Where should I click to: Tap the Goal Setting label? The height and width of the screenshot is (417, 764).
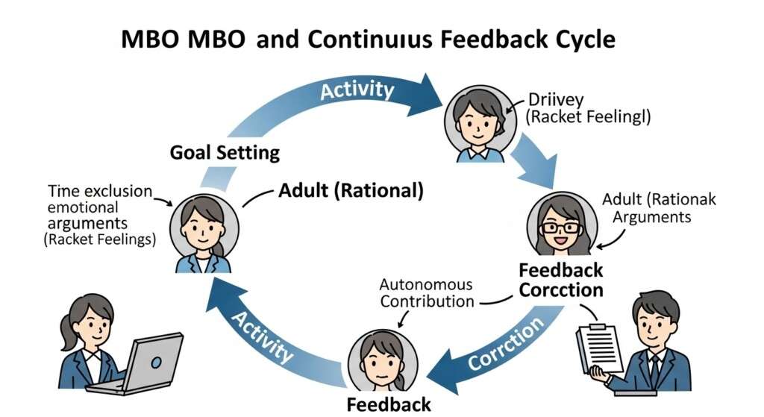(x=225, y=153)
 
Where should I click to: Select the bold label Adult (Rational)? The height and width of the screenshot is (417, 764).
(x=351, y=190)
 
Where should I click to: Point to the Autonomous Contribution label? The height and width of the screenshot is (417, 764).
(x=426, y=293)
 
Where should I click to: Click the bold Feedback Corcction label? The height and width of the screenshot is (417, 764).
(x=560, y=279)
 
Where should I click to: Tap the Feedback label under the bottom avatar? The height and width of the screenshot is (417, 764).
(x=389, y=404)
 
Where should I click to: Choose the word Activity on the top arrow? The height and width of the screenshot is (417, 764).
(x=357, y=91)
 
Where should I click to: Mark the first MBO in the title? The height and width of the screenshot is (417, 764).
(x=154, y=39)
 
